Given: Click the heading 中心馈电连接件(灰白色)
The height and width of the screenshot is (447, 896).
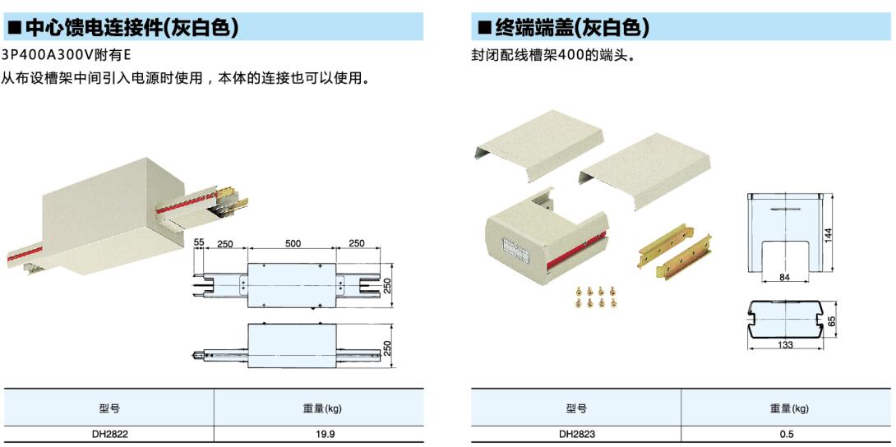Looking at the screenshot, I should coord(132,28).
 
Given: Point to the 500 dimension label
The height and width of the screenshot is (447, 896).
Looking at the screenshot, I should coord(293,244).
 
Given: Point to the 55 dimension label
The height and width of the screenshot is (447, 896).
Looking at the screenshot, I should coord(199,244).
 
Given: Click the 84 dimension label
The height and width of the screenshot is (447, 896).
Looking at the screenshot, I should coord(784,278).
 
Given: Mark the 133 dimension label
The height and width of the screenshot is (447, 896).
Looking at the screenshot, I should coord(785,345).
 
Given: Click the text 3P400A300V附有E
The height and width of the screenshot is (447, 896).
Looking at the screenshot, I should coord(66,55).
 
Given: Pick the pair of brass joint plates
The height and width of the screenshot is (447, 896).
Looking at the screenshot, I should coord(674,251).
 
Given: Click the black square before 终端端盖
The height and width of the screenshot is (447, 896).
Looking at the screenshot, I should coord(484,29).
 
